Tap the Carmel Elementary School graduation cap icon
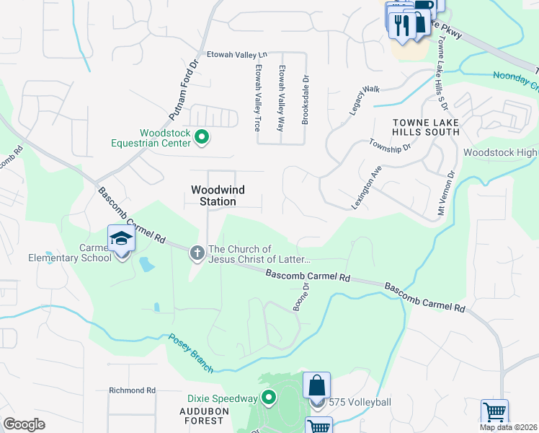(x=121, y=239)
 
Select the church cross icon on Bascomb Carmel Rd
(x=197, y=253)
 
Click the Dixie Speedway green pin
(x=269, y=398)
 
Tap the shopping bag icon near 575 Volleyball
(x=316, y=385)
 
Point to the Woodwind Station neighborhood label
(x=218, y=196)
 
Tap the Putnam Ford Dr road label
(x=183, y=89)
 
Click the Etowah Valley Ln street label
(x=237, y=54)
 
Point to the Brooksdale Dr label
(x=306, y=101)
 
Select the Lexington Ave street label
(x=366, y=187)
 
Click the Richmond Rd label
(x=133, y=390)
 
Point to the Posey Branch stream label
(x=191, y=353)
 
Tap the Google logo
(x=24, y=424)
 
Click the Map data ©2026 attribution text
(x=508, y=427)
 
